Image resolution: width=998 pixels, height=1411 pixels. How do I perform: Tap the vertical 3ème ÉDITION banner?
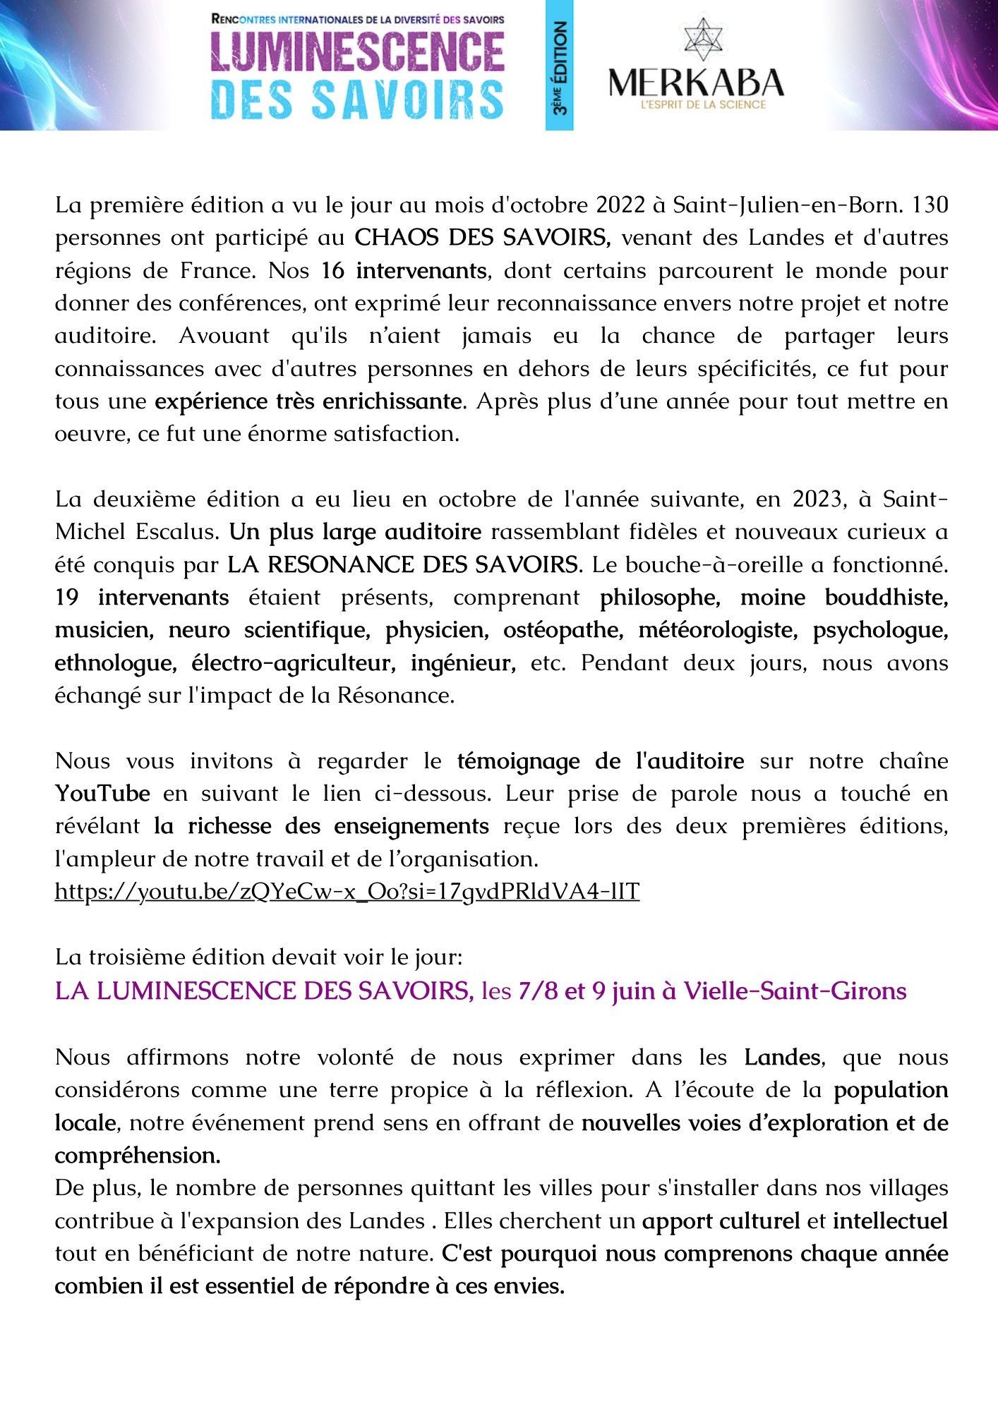click(559, 66)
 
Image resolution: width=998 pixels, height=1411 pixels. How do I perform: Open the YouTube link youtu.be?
click(347, 892)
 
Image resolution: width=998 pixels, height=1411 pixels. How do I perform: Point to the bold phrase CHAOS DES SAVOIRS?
click(482, 238)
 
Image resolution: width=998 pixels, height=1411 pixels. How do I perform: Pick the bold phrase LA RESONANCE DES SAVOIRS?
click(403, 564)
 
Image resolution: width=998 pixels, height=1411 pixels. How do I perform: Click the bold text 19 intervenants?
click(142, 598)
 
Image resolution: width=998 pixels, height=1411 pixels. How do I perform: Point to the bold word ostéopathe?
click(563, 630)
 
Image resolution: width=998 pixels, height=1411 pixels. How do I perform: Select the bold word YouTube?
click(102, 794)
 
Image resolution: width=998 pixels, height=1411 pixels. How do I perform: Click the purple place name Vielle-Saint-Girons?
click(795, 991)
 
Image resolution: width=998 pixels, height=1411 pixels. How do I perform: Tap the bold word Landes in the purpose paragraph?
click(782, 1058)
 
